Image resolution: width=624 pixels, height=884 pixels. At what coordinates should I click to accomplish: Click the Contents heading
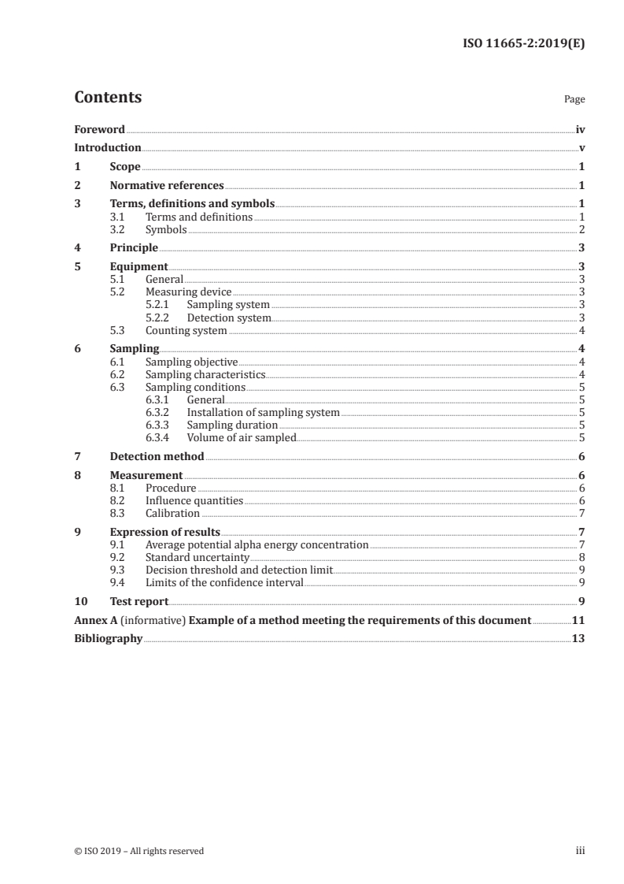click(x=108, y=98)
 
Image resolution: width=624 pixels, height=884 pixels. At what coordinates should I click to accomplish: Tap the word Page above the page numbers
click(x=574, y=99)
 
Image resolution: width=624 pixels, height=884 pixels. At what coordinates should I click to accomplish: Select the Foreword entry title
click(x=99, y=129)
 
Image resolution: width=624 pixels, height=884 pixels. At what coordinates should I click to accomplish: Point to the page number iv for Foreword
click(x=580, y=129)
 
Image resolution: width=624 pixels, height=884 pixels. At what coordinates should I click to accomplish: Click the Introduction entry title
click(x=108, y=148)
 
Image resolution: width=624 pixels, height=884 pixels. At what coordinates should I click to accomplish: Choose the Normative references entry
click(x=167, y=186)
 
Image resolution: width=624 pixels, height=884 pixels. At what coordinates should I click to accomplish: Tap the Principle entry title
click(x=134, y=248)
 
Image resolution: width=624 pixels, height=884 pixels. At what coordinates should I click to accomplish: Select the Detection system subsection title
click(x=229, y=318)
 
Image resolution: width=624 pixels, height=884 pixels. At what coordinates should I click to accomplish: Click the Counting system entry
click(x=186, y=331)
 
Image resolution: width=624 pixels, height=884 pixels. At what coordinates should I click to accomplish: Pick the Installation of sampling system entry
click(x=263, y=412)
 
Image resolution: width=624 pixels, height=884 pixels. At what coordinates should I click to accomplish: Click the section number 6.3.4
click(x=159, y=437)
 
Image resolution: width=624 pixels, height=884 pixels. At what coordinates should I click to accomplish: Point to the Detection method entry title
click(x=157, y=456)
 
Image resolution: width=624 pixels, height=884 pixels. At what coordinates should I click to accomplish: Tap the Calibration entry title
click(x=172, y=513)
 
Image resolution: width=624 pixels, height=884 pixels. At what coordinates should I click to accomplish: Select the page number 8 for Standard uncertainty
click(x=581, y=557)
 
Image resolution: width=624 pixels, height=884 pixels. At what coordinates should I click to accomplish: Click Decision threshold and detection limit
click(x=239, y=570)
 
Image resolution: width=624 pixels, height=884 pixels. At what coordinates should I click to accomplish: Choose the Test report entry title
click(x=138, y=601)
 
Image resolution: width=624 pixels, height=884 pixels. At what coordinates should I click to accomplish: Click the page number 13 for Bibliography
click(x=578, y=638)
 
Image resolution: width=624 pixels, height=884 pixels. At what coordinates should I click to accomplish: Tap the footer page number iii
click(x=580, y=851)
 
